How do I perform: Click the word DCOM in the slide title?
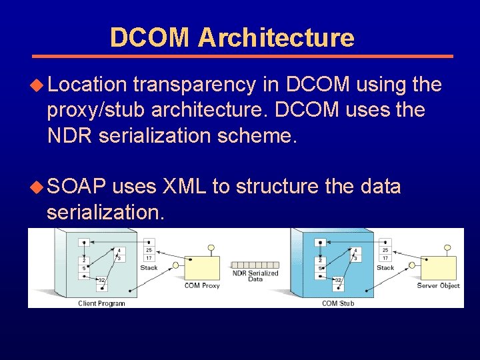pos(150,37)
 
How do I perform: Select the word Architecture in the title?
pos(276,37)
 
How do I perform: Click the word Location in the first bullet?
pos(87,85)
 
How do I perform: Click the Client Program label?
pos(101,303)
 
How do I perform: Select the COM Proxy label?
pos(201,286)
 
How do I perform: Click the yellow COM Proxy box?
pos(201,267)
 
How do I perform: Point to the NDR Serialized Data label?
pos(255,276)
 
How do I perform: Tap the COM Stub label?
pos(338,303)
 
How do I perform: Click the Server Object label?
pos(438,286)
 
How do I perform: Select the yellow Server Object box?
pos(438,267)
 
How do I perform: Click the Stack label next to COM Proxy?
pos(149,268)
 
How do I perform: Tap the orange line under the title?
pos(243,56)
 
